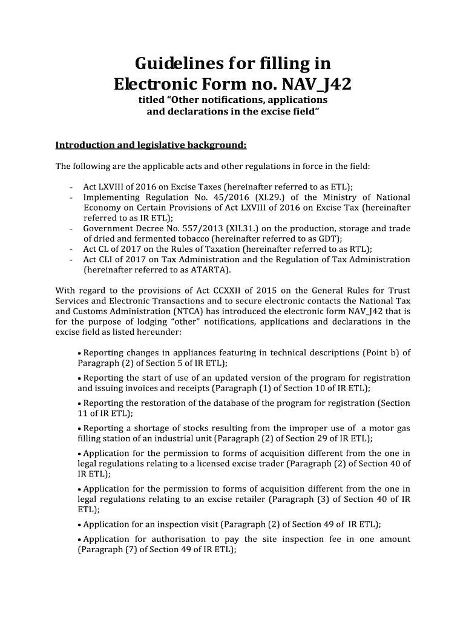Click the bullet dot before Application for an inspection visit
tap(80, 525)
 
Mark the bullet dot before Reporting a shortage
tap(80, 428)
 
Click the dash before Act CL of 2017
tap(72, 249)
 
